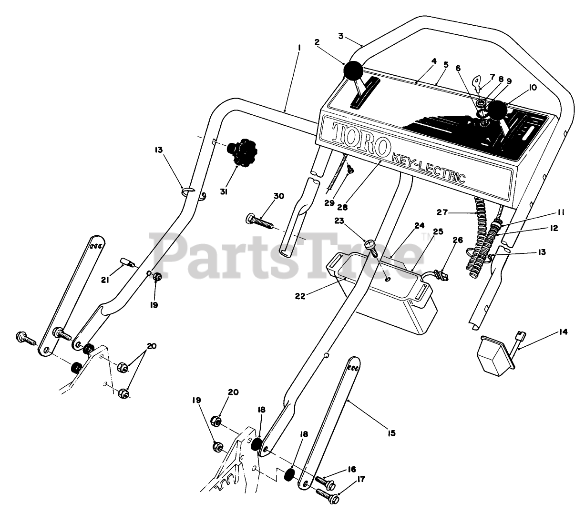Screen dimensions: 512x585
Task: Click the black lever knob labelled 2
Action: [x=353, y=72]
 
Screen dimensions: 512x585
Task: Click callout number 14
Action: [x=564, y=332]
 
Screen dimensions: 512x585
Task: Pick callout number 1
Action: [x=298, y=48]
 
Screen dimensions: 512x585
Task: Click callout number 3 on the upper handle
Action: [x=340, y=36]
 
